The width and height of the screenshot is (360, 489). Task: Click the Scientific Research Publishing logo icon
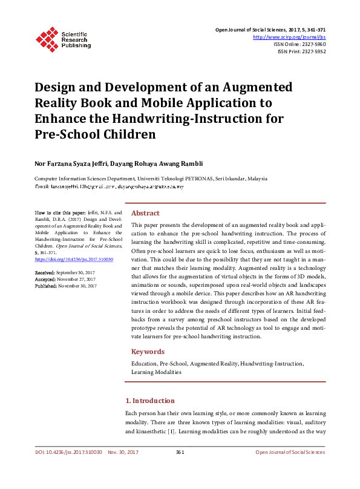coord(47,38)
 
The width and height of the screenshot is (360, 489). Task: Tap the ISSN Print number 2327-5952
coord(312,51)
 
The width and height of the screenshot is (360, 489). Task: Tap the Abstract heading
coord(145,213)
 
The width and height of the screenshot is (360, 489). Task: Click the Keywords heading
coord(148,352)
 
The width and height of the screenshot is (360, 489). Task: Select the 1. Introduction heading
coord(149,401)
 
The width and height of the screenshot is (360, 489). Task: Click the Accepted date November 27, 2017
coord(76,280)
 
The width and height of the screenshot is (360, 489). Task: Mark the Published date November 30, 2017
coord(77,286)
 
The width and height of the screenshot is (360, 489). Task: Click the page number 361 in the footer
coord(180,452)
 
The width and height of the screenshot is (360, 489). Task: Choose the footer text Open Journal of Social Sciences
coord(290,452)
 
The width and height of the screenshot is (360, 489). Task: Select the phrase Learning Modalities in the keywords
coord(156,372)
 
